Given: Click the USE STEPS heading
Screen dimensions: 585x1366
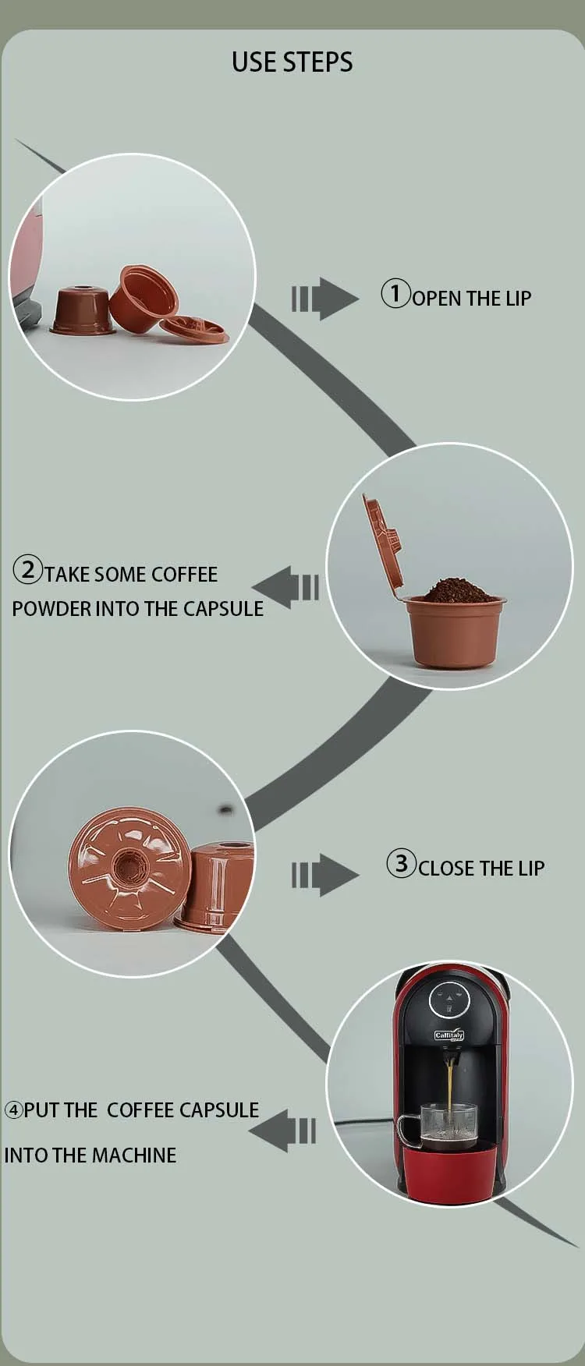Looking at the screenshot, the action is click(292, 62).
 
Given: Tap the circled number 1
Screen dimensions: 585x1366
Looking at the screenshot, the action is click(395, 293).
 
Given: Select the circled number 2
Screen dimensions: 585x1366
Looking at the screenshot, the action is click(28, 569).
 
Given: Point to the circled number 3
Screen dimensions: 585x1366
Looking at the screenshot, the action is click(402, 863).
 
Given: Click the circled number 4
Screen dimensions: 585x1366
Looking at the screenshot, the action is click(14, 1109).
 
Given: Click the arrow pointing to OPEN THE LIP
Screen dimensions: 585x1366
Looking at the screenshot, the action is click(324, 299).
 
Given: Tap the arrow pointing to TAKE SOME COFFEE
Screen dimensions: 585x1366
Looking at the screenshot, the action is click(285, 587).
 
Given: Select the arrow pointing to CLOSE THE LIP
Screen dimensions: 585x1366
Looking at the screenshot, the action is click(324, 875).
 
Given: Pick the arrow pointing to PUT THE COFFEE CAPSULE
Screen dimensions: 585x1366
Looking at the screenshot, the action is click(282, 1131).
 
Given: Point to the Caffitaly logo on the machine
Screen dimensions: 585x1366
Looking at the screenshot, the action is click(448, 1035).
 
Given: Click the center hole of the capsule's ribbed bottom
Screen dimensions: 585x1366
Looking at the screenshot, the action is click(125, 865).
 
